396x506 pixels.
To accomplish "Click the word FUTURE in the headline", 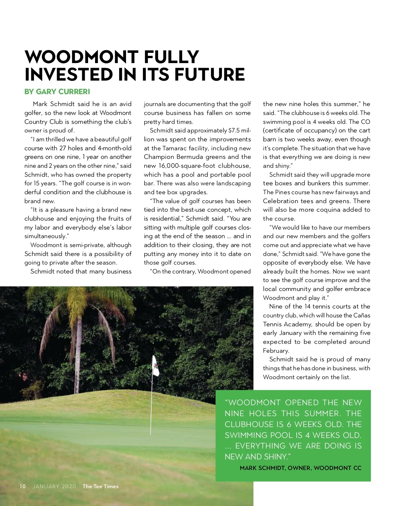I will coord(210,74).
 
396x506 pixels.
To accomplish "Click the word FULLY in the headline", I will coord(171,57).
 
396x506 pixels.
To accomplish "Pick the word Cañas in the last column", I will coord(362,315).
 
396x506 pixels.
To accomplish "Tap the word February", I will coord(276,351).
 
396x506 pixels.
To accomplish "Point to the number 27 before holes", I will coord(63,148).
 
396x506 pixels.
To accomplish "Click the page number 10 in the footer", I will coord(22,486).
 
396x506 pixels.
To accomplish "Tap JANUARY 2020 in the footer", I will coord(54,486).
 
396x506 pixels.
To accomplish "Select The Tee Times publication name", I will coord(100,486).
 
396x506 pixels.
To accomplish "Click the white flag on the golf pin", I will coord(155,366).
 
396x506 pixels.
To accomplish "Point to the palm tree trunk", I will coord(79,337).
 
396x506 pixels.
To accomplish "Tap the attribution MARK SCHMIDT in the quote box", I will coord(262,468).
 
